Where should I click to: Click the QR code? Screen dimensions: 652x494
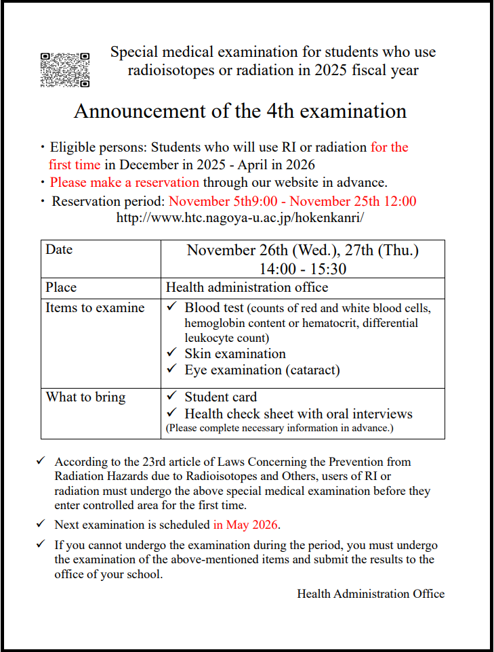coord(65,70)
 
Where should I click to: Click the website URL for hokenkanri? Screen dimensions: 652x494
coord(240,218)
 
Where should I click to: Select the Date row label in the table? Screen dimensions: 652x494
coord(59,249)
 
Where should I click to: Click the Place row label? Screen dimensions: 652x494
coord(61,287)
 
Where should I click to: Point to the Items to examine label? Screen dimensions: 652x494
coord(95,307)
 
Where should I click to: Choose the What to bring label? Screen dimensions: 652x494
coord(85,397)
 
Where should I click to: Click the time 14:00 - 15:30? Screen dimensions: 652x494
coord(302,269)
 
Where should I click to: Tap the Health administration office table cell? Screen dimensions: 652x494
coord(247,287)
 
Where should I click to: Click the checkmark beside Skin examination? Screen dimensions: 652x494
coord(172,353)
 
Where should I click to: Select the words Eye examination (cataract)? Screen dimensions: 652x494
coord(262,370)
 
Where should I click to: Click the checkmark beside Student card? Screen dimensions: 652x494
coord(172,397)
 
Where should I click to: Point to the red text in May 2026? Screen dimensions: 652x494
coord(246,524)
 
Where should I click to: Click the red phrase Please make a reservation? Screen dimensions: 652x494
coord(125,182)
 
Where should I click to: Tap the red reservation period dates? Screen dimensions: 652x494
coord(292,201)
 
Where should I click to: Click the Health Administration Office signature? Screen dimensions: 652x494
coord(371,594)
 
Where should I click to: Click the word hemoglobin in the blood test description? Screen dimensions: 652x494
coord(214,323)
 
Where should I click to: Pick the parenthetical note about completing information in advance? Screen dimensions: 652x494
coord(279,428)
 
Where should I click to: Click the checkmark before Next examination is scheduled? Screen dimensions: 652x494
coord(41,524)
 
